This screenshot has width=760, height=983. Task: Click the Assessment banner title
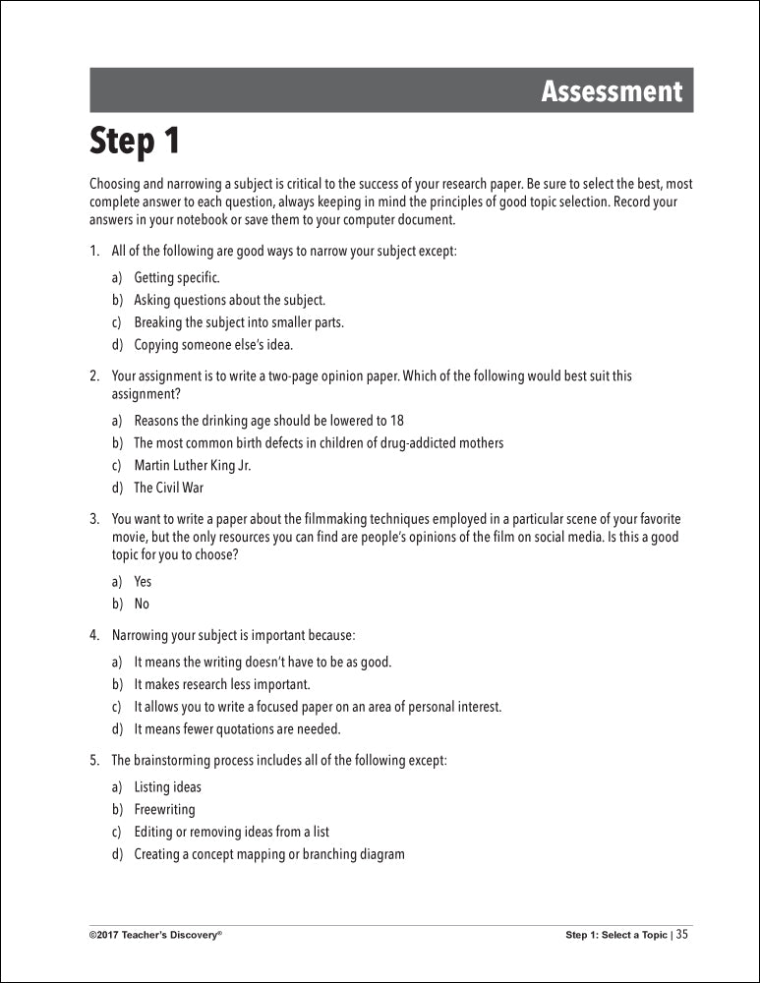coord(611,91)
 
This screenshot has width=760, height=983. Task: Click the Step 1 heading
coord(136,141)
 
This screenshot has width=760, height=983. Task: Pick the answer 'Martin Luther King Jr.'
coord(193,465)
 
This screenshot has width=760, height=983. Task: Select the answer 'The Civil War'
coord(169,488)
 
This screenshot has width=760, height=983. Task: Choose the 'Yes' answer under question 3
coord(143,582)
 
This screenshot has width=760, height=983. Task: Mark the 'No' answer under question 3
coord(142,605)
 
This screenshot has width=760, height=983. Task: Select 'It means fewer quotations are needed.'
coord(237,729)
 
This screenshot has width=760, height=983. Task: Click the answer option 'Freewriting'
coord(164,810)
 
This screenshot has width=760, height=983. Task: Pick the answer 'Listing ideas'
coord(167,787)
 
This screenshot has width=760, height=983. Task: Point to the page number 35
coord(682,935)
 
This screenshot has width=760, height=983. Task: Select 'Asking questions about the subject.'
coord(229,300)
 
